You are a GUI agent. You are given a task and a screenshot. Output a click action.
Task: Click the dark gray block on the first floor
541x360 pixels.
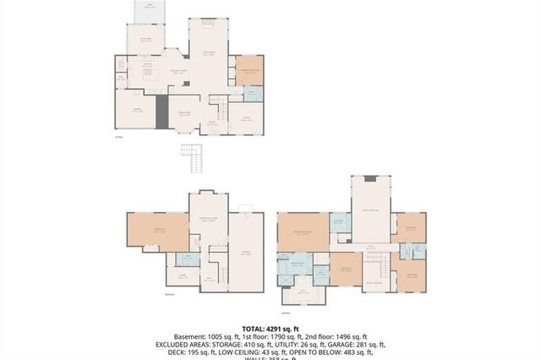point(161,110)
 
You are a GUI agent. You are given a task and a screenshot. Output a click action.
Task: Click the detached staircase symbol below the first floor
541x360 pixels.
point(193,157)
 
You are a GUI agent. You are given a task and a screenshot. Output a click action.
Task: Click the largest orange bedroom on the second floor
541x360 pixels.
point(302,231)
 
